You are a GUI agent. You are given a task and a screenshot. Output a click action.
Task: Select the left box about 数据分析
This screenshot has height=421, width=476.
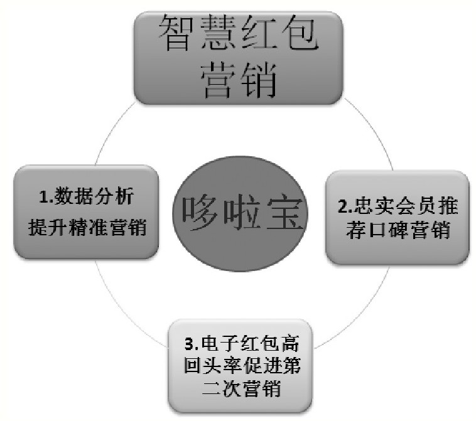[85, 211]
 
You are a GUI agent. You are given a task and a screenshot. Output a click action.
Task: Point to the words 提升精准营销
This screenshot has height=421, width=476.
[87, 226]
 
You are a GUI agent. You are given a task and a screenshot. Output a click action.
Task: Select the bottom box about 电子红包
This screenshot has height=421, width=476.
[242, 366]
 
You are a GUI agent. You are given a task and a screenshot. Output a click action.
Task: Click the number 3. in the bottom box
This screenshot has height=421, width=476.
[192, 344]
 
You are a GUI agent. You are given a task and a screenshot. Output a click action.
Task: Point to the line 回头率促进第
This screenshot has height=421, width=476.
[242, 366]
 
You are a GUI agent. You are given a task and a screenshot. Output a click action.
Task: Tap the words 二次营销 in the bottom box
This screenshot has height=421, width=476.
[242, 389]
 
